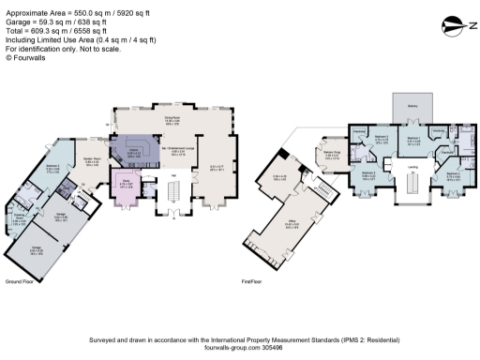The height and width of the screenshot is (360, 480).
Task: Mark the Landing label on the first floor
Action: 411,168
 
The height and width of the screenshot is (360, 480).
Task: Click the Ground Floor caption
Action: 20,281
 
